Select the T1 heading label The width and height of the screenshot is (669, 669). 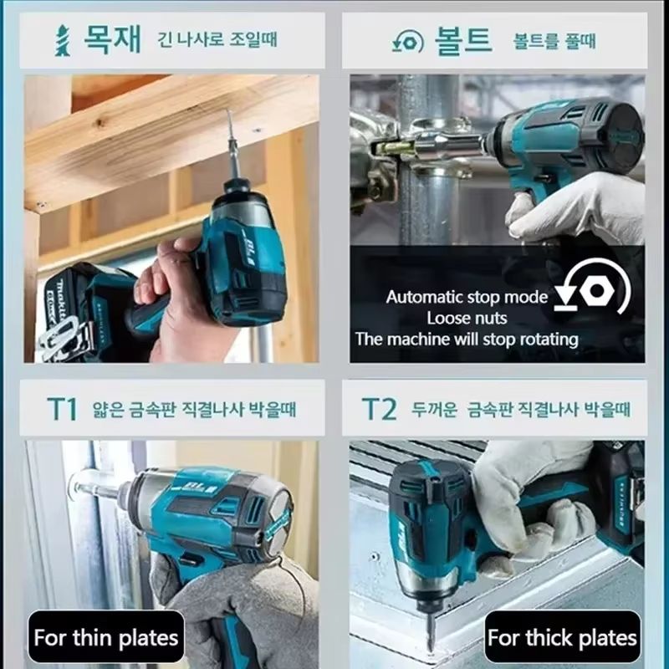point(61,409)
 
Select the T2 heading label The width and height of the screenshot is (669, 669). point(379,409)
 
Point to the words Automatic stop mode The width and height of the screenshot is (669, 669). point(467,297)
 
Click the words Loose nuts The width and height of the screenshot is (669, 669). point(467,318)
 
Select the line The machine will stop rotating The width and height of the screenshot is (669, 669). point(467,339)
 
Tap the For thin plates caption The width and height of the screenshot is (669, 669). point(106,639)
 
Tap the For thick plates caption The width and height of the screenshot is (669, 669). point(562,639)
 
